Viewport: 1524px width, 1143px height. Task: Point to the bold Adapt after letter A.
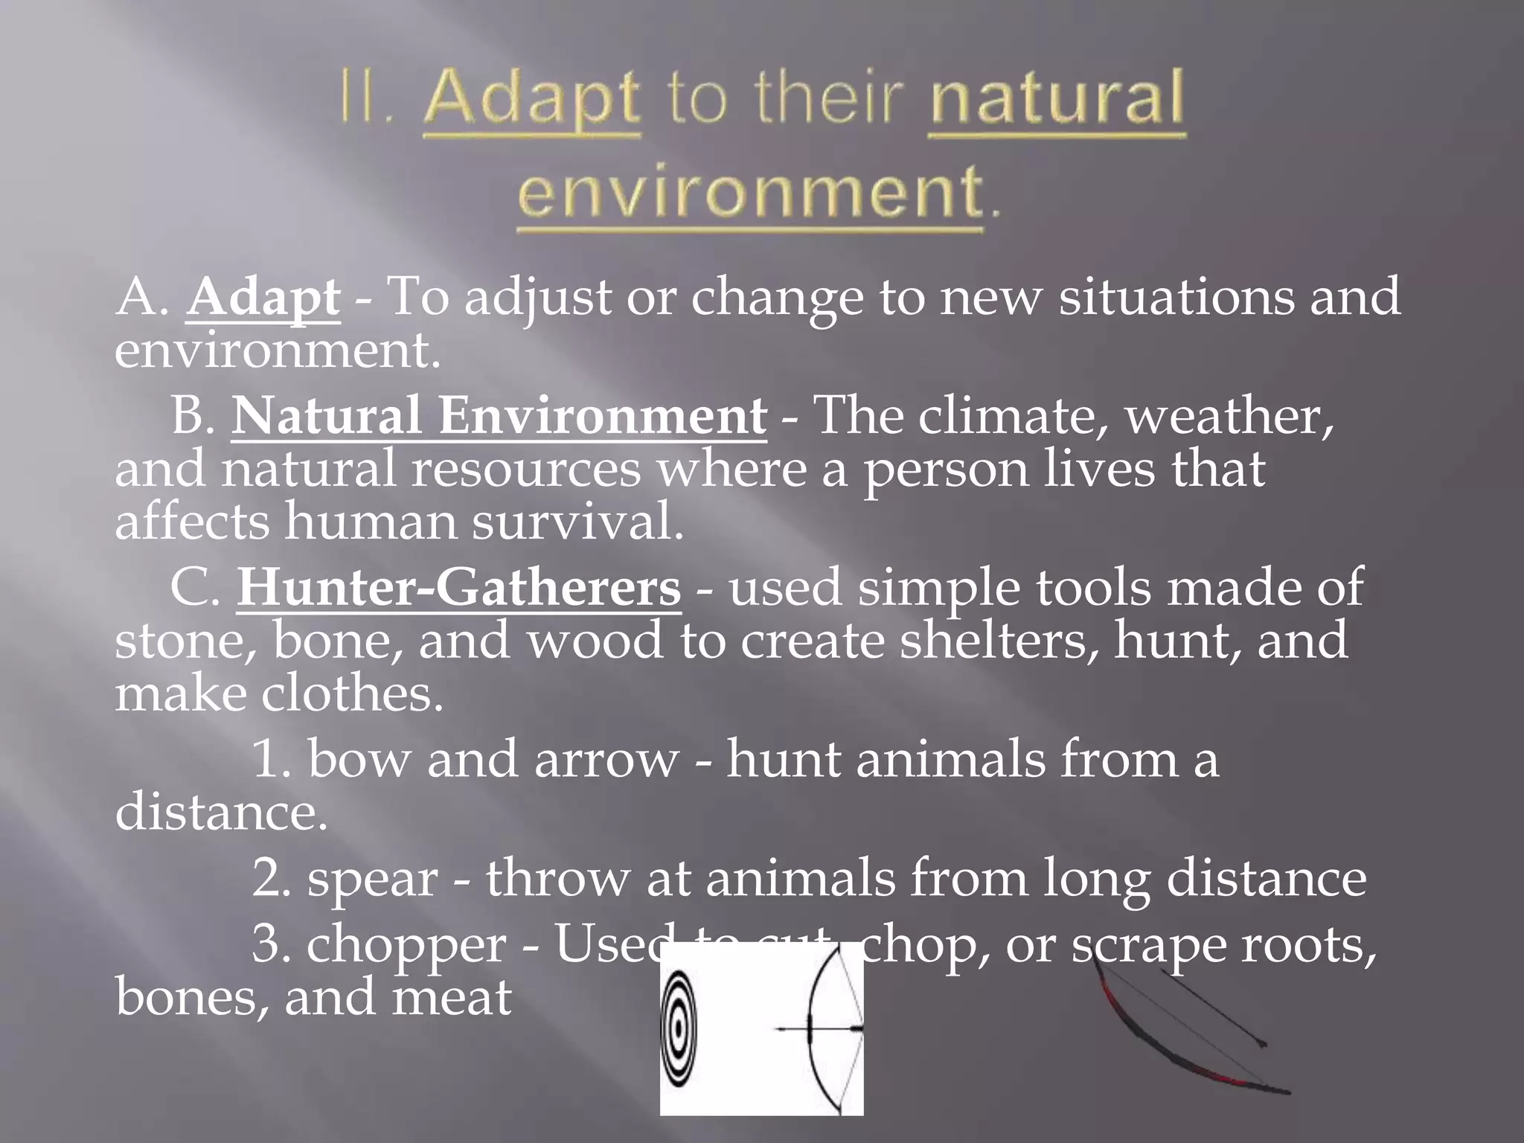click(x=263, y=297)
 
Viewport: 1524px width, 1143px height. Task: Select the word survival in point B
click(x=577, y=522)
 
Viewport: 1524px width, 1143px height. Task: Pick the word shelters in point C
click(x=998, y=641)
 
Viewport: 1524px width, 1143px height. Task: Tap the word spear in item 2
click(x=372, y=879)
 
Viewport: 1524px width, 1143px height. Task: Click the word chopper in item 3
click(x=406, y=945)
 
